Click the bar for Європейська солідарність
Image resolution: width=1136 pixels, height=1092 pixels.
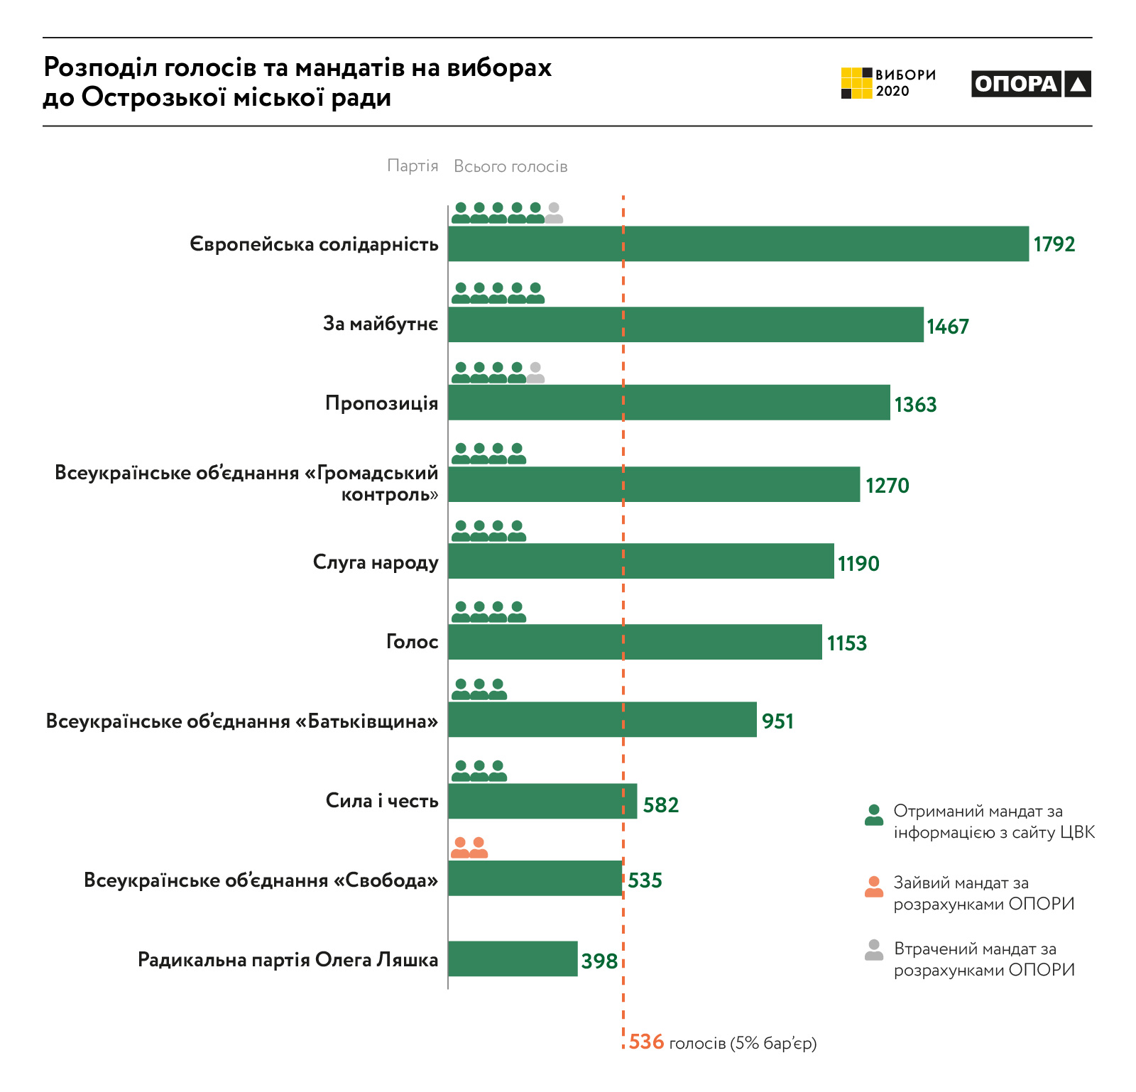[738, 244]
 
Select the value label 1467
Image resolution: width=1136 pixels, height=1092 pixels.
[948, 327]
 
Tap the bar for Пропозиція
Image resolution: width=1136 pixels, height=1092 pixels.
[669, 403]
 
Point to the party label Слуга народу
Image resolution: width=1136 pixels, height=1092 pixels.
[376, 562]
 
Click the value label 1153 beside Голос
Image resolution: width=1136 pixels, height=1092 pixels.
[847, 643]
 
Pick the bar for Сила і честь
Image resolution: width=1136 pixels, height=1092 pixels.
[542, 801]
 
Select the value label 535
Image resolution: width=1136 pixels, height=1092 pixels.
[645, 880]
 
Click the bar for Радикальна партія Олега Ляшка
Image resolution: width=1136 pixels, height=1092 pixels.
[513, 959]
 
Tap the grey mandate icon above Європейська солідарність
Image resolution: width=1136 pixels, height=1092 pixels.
[554, 213]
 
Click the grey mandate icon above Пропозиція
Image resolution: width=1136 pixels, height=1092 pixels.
[535, 373]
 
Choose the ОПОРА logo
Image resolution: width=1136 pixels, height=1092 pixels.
[1031, 84]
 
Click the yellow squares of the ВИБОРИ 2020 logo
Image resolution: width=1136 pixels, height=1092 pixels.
[856, 83]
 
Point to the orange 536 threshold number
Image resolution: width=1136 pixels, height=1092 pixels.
[646, 1042]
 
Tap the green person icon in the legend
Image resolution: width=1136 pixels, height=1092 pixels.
[874, 815]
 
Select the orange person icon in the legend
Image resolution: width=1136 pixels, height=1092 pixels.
[874, 887]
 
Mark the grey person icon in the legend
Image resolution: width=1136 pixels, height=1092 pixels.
[874, 950]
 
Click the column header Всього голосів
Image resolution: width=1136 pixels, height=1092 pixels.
[510, 166]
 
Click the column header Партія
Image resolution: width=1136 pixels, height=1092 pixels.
[413, 166]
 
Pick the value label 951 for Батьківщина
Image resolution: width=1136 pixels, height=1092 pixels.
[777, 721]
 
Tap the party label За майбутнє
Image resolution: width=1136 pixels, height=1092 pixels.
[381, 324]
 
